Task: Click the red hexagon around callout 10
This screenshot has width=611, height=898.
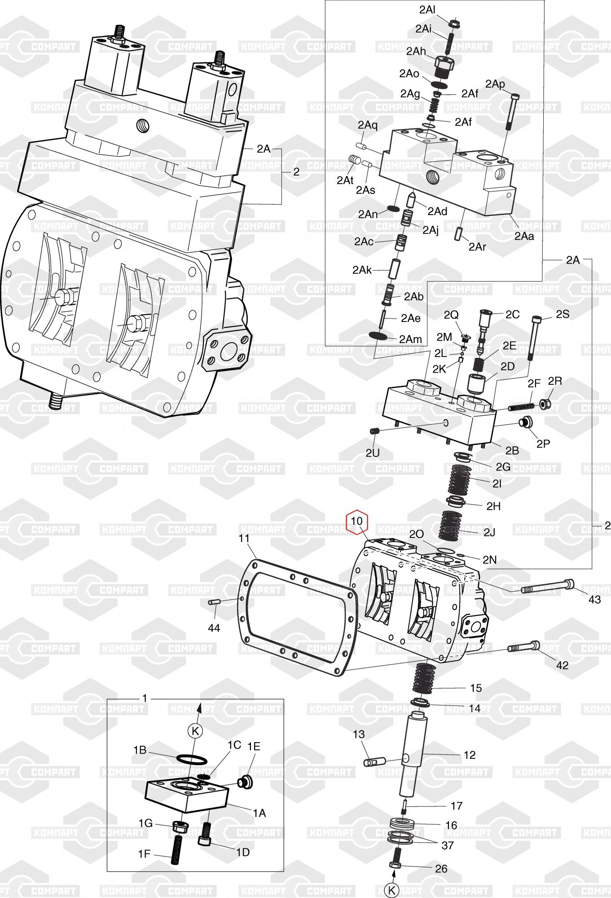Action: [x=356, y=522]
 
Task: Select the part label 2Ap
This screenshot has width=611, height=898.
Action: [x=495, y=84]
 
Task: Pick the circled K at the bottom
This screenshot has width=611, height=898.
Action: [x=392, y=889]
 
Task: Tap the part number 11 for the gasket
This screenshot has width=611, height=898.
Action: [x=245, y=537]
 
